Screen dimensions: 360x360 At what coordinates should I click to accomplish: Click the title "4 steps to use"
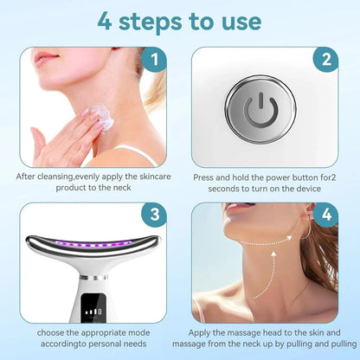(180, 19)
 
